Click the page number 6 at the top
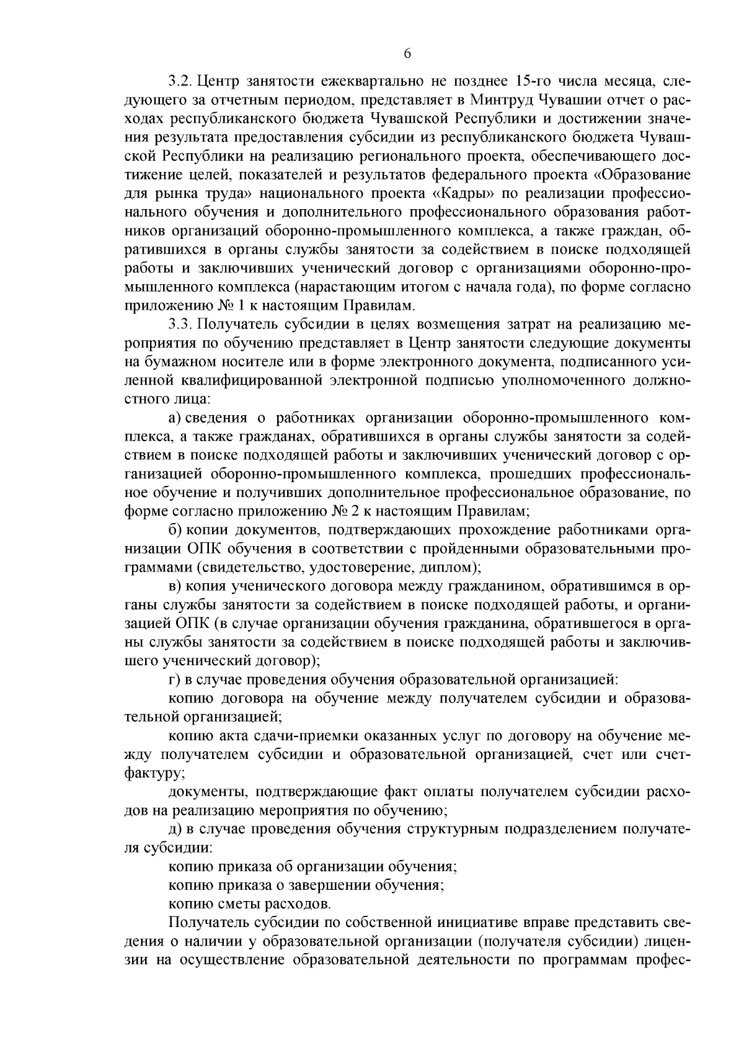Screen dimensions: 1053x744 coord(407,54)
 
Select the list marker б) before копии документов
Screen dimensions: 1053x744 coord(175,531)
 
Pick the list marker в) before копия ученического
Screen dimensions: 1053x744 coord(174,586)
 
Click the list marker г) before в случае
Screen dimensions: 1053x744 coord(174,679)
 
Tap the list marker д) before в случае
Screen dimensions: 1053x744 coord(174,829)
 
